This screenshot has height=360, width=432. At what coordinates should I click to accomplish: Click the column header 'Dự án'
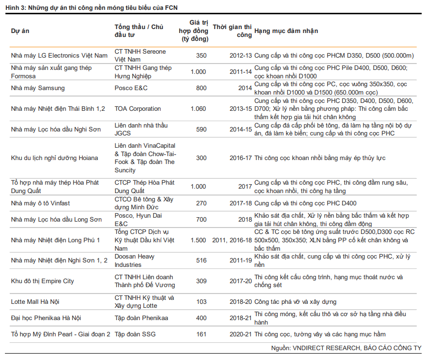20,31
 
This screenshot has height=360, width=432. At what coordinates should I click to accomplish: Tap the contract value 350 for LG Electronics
201,56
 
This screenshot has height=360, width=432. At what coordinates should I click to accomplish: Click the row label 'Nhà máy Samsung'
38,88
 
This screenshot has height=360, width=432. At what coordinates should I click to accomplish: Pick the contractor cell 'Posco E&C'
131,88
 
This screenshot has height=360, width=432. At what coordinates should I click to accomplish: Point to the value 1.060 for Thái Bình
198,109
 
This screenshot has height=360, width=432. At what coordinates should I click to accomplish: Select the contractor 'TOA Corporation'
138,109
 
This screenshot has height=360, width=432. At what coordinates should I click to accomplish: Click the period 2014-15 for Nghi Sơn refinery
240,130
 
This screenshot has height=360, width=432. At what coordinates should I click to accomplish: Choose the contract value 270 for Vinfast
201,203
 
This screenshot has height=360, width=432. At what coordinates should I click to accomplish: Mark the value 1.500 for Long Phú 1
198,240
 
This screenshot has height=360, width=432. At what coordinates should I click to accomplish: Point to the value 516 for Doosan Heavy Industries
201,261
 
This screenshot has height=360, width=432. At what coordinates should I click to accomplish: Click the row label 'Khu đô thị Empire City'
42,281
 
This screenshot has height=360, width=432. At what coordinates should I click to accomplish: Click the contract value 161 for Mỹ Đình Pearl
201,334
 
